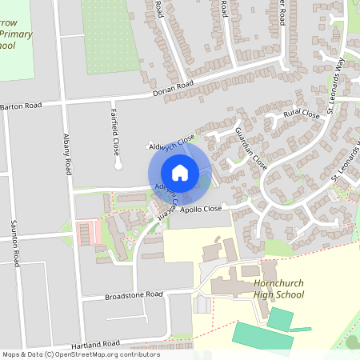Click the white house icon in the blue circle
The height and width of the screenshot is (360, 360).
point(179,173)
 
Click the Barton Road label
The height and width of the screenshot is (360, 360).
point(21,106)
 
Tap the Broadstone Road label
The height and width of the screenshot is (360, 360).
point(134,295)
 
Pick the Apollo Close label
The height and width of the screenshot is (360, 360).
point(201,209)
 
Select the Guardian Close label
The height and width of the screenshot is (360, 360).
point(250,147)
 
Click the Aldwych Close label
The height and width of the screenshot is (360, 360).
point(171,143)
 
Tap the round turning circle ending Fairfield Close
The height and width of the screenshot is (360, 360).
point(118,166)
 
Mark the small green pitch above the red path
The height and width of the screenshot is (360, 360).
point(280,319)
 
